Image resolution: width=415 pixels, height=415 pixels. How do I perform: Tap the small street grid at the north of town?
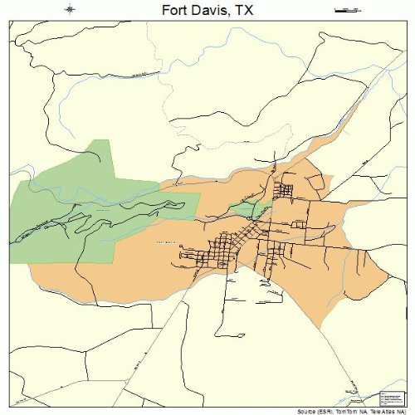[285, 191]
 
